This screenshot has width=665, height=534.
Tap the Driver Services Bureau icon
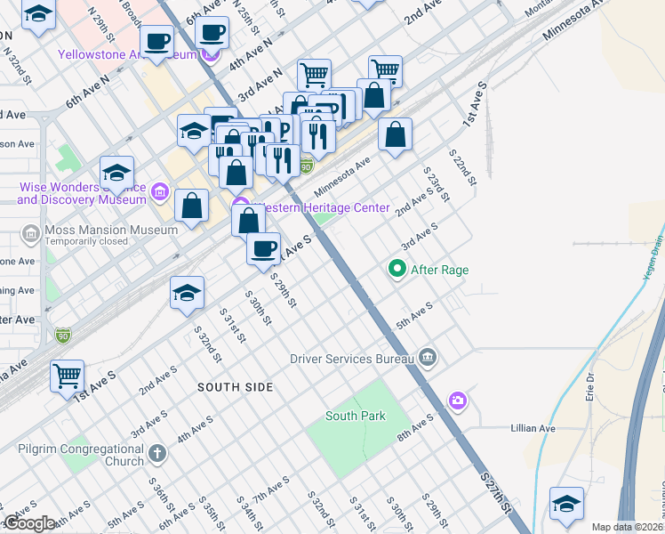tap(428, 358)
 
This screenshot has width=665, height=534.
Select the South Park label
tap(355, 416)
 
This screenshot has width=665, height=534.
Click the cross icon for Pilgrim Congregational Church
tap(157, 454)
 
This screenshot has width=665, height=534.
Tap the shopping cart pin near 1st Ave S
tap(68, 378)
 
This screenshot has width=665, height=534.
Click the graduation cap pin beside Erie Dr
tap(566, 505)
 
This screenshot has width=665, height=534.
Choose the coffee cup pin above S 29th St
tap(263, 250)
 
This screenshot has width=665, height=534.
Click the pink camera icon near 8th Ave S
tap(458, 400)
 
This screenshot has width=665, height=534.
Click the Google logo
tap(30, 523)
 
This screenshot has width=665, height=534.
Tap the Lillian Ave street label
tap(533, 428)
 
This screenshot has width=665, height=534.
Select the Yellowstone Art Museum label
tap(127, 54)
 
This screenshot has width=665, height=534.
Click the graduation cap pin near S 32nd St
tap(187, 294)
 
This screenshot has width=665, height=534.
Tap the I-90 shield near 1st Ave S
tap(62, 336)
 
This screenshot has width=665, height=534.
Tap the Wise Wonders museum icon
tap(160, 191)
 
